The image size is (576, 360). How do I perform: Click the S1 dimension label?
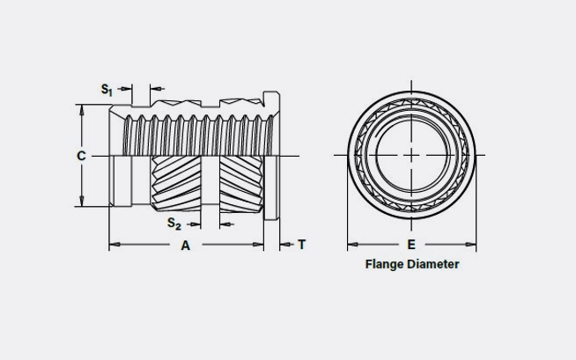point(106,89)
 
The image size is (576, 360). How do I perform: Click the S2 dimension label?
point(174,224)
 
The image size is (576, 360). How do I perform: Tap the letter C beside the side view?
point(81,156)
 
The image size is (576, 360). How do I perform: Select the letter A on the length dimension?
point(186,246)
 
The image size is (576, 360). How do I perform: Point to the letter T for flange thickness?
point(301,245)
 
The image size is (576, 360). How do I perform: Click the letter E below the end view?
point(411,245)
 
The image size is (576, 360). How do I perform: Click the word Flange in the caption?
point(386,263)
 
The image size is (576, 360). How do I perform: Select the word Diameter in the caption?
point(433,263)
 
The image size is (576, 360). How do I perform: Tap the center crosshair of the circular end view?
point(411,155)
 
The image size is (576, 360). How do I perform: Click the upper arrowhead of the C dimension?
point(81,110)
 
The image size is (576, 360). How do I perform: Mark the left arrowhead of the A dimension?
point(113,245)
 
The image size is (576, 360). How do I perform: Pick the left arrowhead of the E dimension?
point(351,245)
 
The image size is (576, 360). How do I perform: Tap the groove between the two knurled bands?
point(209,180)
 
